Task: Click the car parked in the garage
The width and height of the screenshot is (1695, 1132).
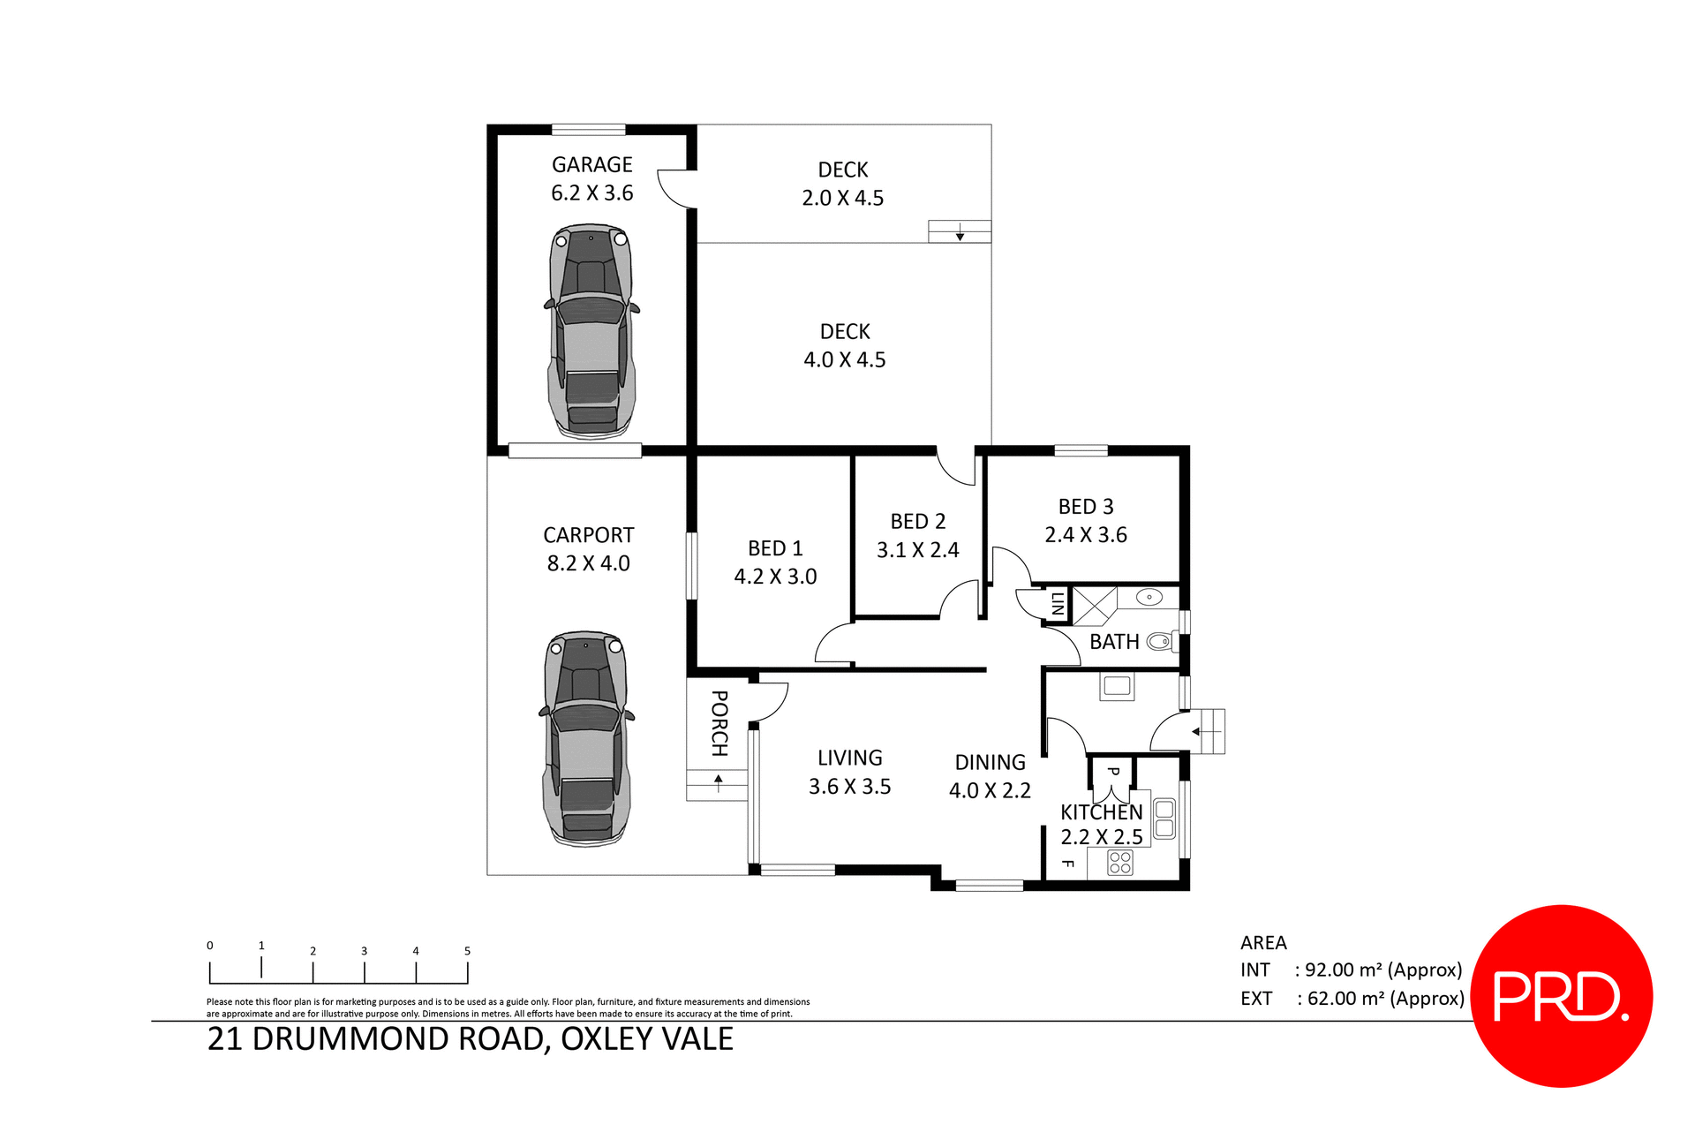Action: click(x=591, y=331)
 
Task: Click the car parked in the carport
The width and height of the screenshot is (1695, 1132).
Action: click(x=586, y=738)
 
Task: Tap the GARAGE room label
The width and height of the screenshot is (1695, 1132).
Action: click(x=591, y=165)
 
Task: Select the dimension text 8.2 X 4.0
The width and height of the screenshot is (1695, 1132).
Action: click(x=588, y=563)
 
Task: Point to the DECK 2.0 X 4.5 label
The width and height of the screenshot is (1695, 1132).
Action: click(x=842, y=184)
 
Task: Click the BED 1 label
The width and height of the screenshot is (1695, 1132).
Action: click(x=775, y=548)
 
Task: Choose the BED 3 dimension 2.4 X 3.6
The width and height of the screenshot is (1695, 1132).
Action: click(x=1085, y=535)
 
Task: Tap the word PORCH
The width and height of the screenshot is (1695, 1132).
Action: click(x=719, y=723)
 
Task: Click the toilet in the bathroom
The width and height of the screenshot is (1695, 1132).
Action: click(x=1159, y=642)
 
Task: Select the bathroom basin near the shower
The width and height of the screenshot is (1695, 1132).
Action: click(x=1149, y=598)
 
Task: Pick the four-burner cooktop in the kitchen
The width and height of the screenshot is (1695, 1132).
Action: click(x=1119, y=863)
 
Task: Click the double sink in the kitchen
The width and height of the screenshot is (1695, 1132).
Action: click(x=1164, y=819)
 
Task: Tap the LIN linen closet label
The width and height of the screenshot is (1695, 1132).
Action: click(x=1057, y=604)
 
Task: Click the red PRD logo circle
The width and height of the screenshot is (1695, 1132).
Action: click(x=1561, y=996)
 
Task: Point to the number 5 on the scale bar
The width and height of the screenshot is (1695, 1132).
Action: click(x=467, y=951)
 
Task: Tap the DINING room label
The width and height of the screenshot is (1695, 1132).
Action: click(x=990, y=762)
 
